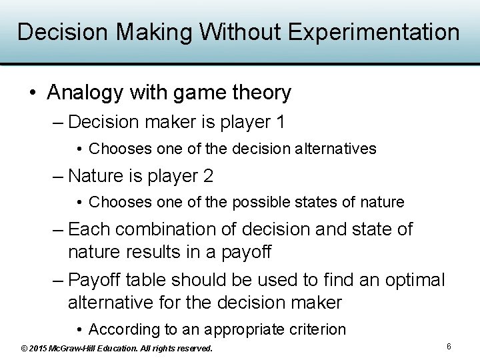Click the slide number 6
pos(449,347)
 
